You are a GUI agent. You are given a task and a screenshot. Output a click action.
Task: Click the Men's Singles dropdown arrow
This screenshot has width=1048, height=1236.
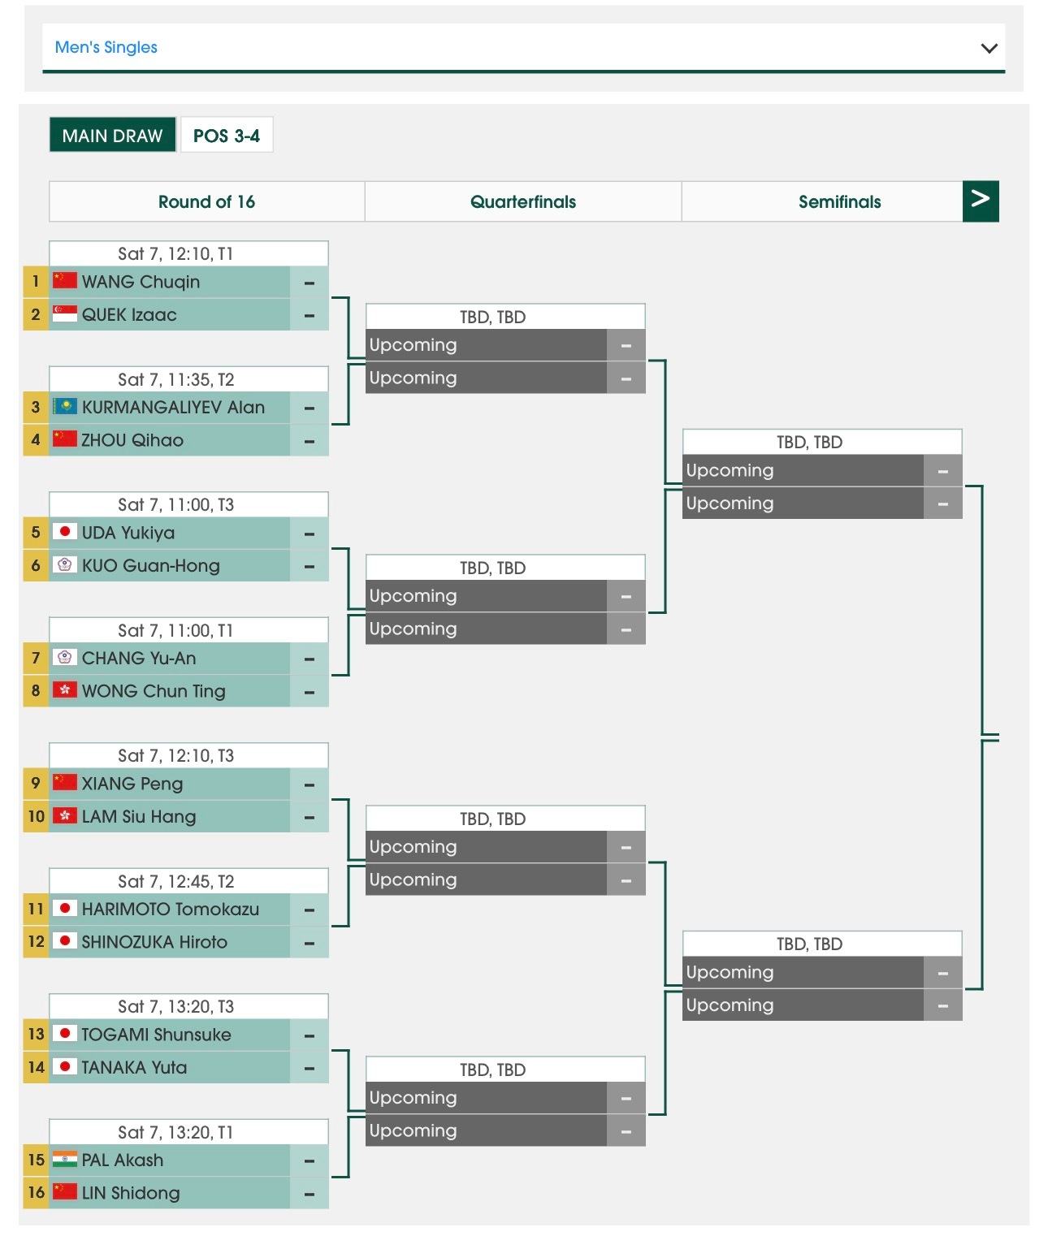(x=989, y=48)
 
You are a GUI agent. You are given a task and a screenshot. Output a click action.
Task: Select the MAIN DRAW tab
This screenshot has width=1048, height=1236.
(x=112, y=136)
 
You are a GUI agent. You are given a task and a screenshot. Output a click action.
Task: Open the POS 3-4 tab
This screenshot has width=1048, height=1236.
(x=226, y=136)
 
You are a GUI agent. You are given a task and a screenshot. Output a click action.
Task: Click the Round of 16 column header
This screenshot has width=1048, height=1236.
(x=206, y=201)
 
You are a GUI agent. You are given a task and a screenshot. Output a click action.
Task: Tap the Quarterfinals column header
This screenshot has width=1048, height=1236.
(x=522, y=201)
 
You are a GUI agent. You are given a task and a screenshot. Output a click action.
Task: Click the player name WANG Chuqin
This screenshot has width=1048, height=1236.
(x=141, y=282)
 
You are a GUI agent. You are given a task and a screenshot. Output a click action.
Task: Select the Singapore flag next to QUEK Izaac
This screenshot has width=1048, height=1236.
(x=65, y=314)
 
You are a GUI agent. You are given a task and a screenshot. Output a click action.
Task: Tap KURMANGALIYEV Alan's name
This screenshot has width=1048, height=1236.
(x=173, y=407)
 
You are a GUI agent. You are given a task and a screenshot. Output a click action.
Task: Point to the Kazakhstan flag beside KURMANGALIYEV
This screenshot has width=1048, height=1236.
(x=65, y=407)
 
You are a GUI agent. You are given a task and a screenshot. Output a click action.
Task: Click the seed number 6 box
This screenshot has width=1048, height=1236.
(x=36, y=565)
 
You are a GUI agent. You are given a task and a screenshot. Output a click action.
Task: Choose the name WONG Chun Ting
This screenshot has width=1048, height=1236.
(x=154, y=691)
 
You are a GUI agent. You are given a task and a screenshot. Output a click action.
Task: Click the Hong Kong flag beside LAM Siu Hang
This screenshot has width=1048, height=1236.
(x=65, y=816)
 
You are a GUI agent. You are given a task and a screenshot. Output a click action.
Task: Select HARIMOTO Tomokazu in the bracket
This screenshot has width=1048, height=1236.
(x=171, y=909)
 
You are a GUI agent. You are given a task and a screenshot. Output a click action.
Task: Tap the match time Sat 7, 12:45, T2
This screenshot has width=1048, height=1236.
(x=175, y=881)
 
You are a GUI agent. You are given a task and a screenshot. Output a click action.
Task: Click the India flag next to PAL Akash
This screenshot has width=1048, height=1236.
(x=65, y=1160)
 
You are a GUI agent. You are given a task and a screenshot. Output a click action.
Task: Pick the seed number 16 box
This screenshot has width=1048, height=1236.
(x=36, y=1192)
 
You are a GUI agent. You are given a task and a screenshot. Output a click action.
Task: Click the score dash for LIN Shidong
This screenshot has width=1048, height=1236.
(x=310, y=1193)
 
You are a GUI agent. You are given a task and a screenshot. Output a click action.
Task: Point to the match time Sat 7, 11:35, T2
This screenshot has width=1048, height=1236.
(x=175, y=379)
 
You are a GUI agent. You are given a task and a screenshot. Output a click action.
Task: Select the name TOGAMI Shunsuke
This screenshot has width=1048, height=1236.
(x=156, y=1035)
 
